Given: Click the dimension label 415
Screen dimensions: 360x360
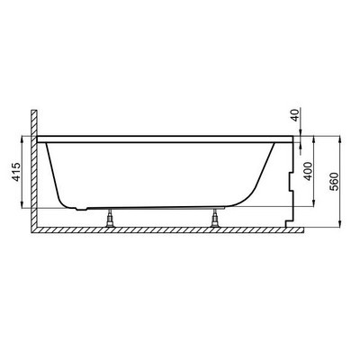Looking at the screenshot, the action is (x=16, y=172).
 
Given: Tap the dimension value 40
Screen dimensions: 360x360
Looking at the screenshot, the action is (x=296, y=115).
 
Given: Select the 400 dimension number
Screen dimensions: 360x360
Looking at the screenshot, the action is (x=308, y=171).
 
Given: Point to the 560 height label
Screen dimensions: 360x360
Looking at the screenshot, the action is (x=334, y=182).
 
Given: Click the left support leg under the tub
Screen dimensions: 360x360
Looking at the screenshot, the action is (x=110, y=218).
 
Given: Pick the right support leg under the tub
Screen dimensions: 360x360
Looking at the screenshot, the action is (x=214, y=218).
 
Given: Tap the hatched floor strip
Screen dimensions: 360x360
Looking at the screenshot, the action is (x=167, y=230).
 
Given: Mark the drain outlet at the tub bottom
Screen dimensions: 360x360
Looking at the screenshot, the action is (x=81, y=208).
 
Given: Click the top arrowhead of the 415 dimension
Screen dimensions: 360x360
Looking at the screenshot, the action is (x=22, y=139).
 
